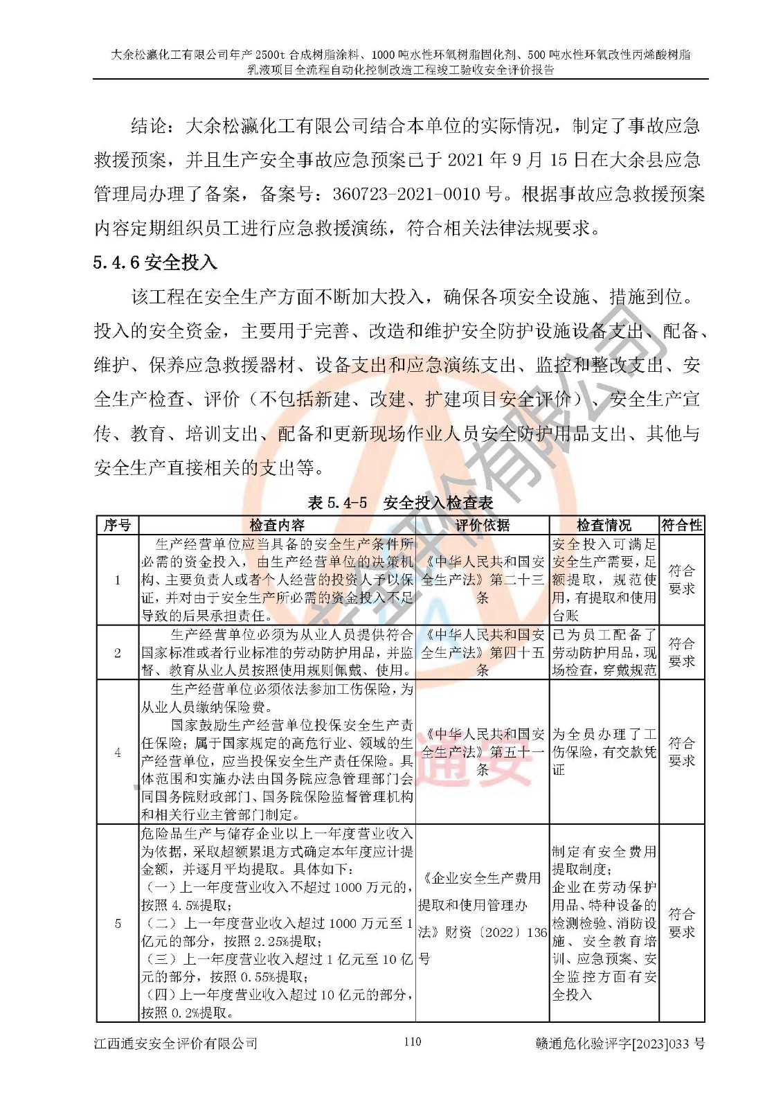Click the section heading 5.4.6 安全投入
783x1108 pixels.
pyautogui.click(x=156, y=262)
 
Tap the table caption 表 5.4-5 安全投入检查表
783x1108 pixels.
pyautogui.click(x=400, y=503)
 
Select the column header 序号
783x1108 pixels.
pyautogui.click(x=117, y=525)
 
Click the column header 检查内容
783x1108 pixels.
pyautogui.click(x=277, y=525)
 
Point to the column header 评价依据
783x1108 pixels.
pyautogui.click(x=482, y=525)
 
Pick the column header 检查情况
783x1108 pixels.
pyautogui.click(x=604, y=525)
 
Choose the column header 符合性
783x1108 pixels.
pyautogui.click(x=681, y=525)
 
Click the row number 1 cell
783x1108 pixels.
pyautogui.click(x=117, y=580)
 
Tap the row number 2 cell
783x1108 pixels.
pyautogui.click(x=117, y=652)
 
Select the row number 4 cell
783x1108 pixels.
pyautogui.click(x=117, y=752)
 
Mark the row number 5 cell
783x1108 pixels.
pyautogui.click(x=117, y=923)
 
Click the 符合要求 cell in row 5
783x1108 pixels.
pyautogui.click(x=681, y=923)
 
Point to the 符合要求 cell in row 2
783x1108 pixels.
pyautogui.click(x=681, y=652)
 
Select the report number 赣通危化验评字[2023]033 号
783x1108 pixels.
pyautogui.click(x=620, y=1043)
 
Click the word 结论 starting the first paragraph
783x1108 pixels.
pyautogui.click(x=148, y=126)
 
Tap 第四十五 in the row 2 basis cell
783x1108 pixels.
pyautogui.click(x=517, y=652)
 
